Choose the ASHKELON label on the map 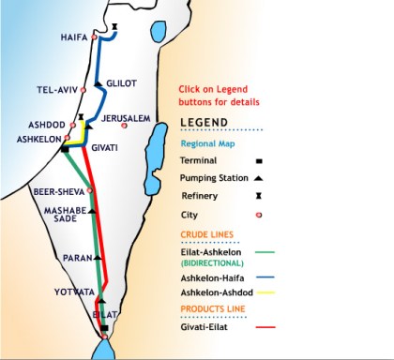click(38, 139)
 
